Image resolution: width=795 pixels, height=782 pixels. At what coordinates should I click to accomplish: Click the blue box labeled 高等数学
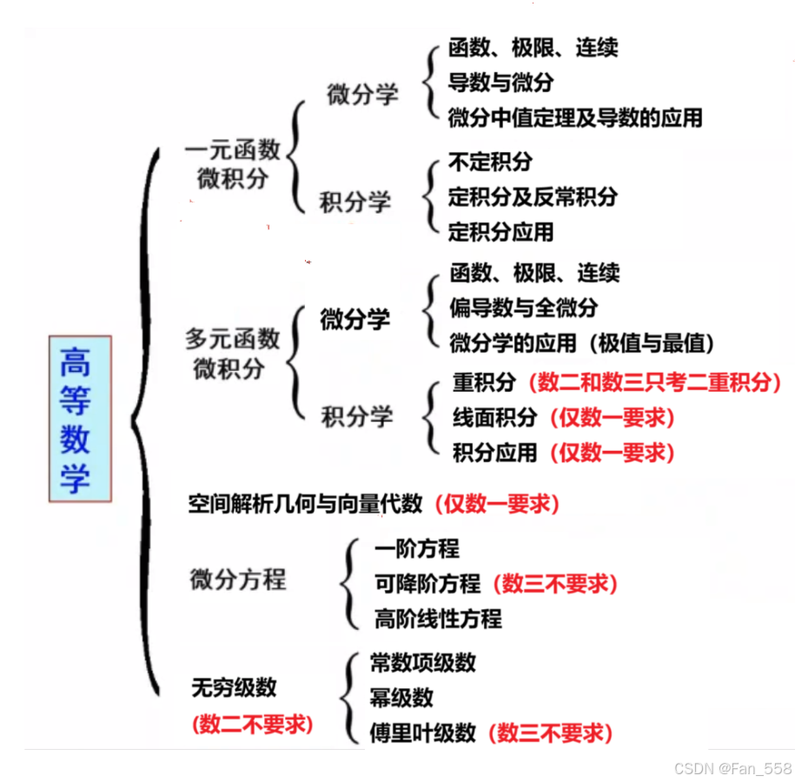click(79, 419)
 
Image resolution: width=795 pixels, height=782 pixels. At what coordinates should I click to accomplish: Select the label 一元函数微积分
click(232, 164)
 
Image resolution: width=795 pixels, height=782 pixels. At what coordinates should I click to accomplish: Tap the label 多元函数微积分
click(232, 353)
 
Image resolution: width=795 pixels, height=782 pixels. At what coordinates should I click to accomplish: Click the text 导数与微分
click(500, 83)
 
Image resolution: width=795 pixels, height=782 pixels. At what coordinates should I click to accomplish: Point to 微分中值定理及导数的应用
click(575, 117)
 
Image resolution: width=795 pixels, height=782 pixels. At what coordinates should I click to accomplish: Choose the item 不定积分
click(490, 162)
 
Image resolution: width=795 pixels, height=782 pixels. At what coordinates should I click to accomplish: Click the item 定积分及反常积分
click(533, 197)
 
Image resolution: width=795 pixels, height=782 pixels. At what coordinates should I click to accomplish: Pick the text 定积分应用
click(500, 232)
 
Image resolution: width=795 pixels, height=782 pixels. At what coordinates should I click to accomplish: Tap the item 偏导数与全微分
click(524, 308)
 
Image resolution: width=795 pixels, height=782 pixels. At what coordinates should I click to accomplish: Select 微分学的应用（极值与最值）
click(582, 343)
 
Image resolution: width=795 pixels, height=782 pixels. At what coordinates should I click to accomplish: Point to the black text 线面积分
click(495, 418)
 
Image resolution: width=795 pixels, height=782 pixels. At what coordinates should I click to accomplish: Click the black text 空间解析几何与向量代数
click(306, 503)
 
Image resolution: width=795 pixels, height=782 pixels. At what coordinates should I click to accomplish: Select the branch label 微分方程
click(238, 580)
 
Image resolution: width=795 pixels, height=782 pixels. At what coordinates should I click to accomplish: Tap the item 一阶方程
click(417, 549)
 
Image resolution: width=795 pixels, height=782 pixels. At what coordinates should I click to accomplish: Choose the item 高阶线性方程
click(438, 619)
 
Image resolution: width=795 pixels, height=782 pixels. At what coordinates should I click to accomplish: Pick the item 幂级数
click(401, 698)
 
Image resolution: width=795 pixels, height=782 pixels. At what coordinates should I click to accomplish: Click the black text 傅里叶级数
click(423, 732)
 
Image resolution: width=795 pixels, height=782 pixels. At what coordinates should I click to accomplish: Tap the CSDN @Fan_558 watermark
click(732, 769)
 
